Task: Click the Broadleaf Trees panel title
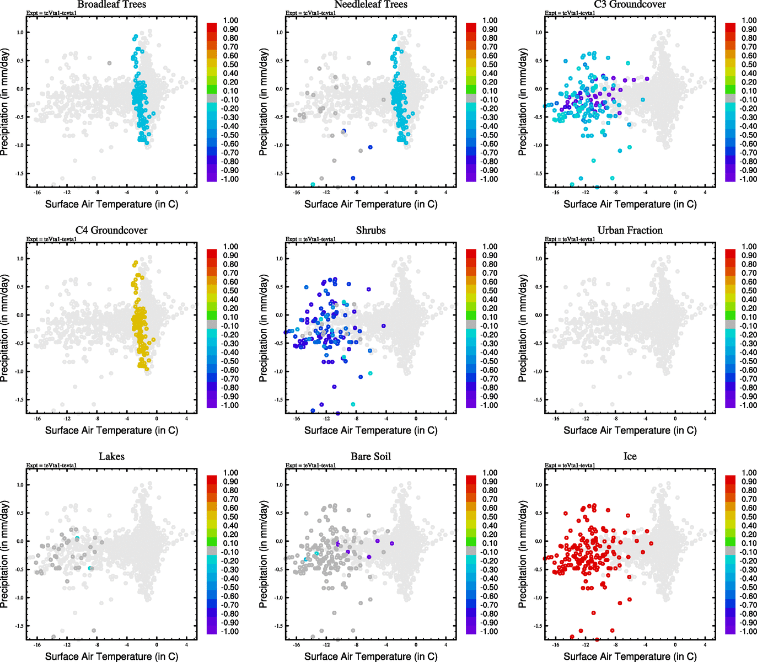(x=111, y=4)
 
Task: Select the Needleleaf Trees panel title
(x=371, y=4)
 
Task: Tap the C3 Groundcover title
(x=630, y=4)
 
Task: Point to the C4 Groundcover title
(x=111, y=230)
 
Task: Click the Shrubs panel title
(x=371, y=230)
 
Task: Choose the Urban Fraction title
(x=630, y=230)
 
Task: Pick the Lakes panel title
(x=111, y=456)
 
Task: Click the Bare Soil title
(x=371, y=456)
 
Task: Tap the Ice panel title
(x=630, y=456)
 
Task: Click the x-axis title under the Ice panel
(x=630, y=656)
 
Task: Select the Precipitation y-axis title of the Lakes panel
(x=5, y=554)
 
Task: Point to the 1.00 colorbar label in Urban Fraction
(x=749, y=247)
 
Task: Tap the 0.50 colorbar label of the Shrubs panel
(x=490, y=291)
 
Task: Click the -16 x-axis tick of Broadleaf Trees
(x=37, y=193)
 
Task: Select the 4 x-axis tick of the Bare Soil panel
(x=445, y=645)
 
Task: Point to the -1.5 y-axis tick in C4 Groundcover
(x=20, y=399)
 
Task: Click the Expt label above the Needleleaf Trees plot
(x=310, y=13)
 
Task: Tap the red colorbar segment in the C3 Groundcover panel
(x=730, y=28)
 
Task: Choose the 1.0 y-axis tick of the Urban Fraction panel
(x=538, y=259)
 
